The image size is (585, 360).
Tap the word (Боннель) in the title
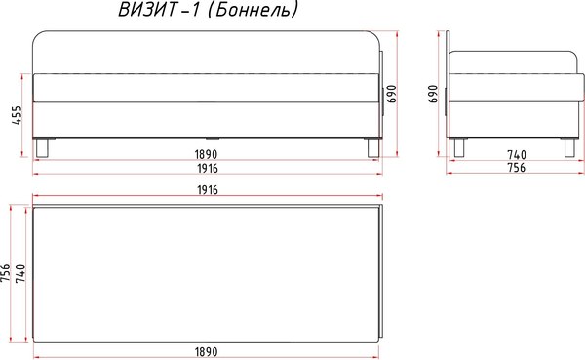[x=256, y=12]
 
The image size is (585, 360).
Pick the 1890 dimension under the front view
[x=204, y=154]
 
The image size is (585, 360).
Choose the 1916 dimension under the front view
[x=204, y=168]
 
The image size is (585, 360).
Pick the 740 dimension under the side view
[x=516, y=154]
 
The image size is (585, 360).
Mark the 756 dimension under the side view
[x=516, y=168]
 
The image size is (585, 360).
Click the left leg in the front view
[x=41, y=147]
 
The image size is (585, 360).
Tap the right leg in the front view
[x=370, y=147]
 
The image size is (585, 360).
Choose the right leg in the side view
[x=567, y=147]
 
